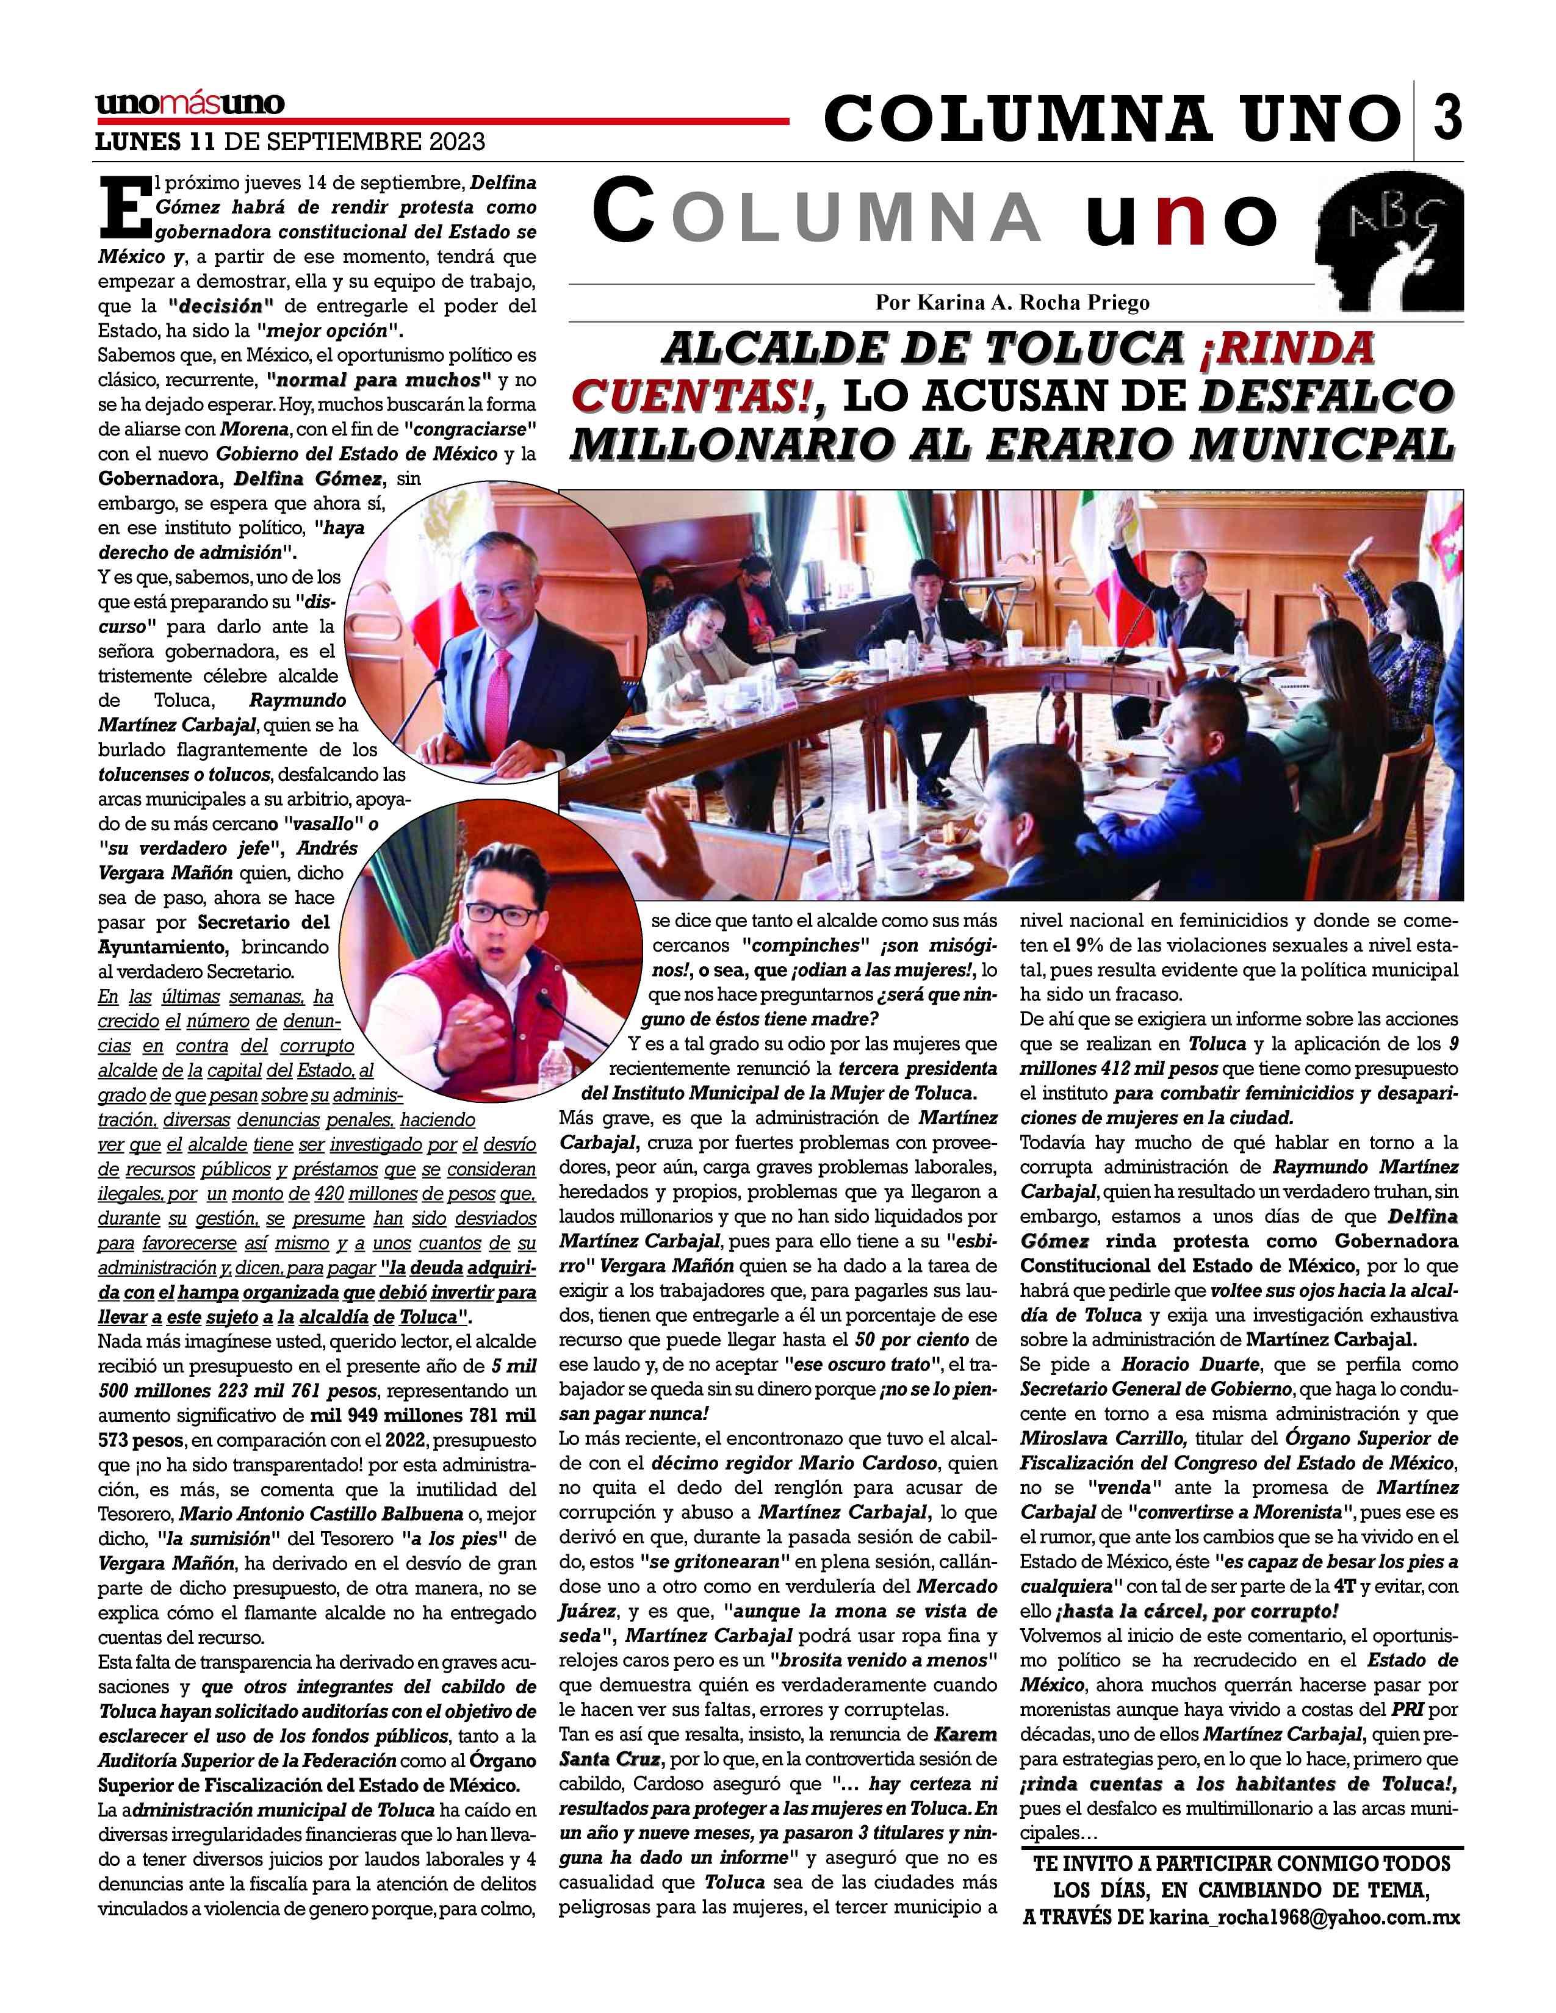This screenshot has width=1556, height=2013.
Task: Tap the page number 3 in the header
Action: [1446, 117]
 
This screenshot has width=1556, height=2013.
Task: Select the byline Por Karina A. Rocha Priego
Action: [1012, 303]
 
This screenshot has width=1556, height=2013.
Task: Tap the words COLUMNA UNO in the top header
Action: [1110, 118]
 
